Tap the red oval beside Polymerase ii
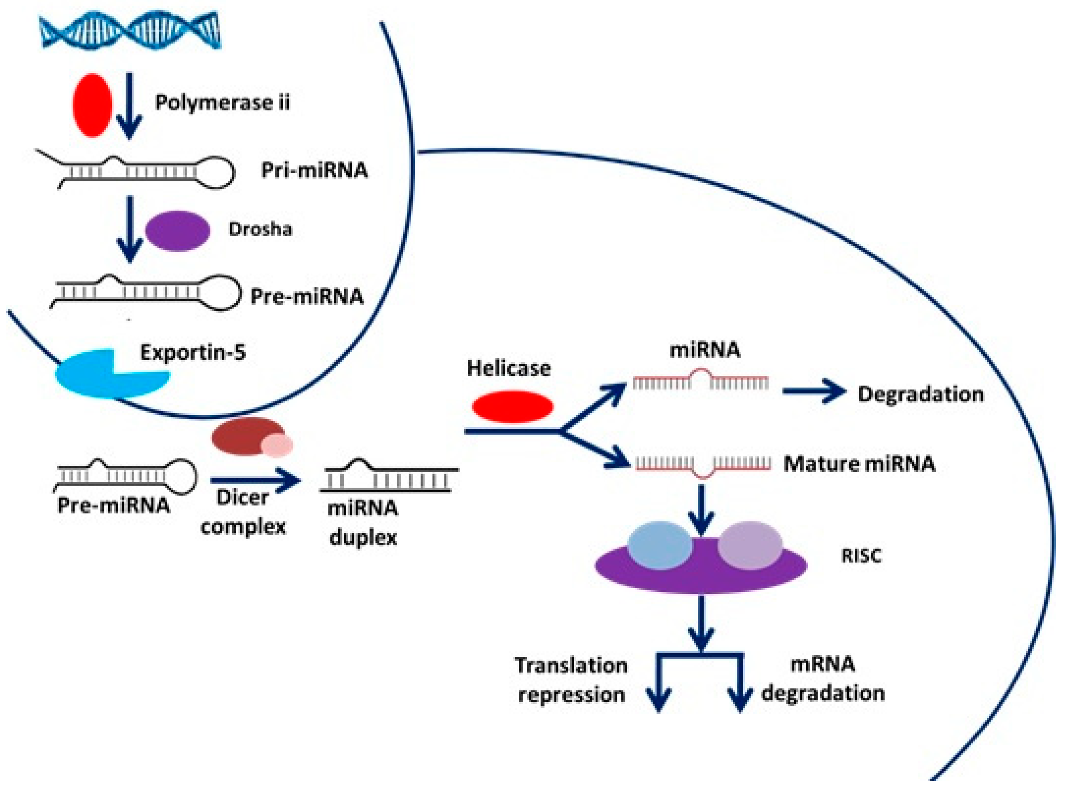coord(92,105)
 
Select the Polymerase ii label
coord(222,102)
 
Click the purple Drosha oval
coord(178,230)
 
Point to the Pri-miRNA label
coord(314,170)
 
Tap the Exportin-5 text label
coord(193,352)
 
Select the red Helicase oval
coord(512,407)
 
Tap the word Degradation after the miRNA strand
coord(920,395)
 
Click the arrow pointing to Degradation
coord(814,391)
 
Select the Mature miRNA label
coord(859,464)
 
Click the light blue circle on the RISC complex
coord(659,545)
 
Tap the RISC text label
coord(861,556)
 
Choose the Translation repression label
coord(571,679)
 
